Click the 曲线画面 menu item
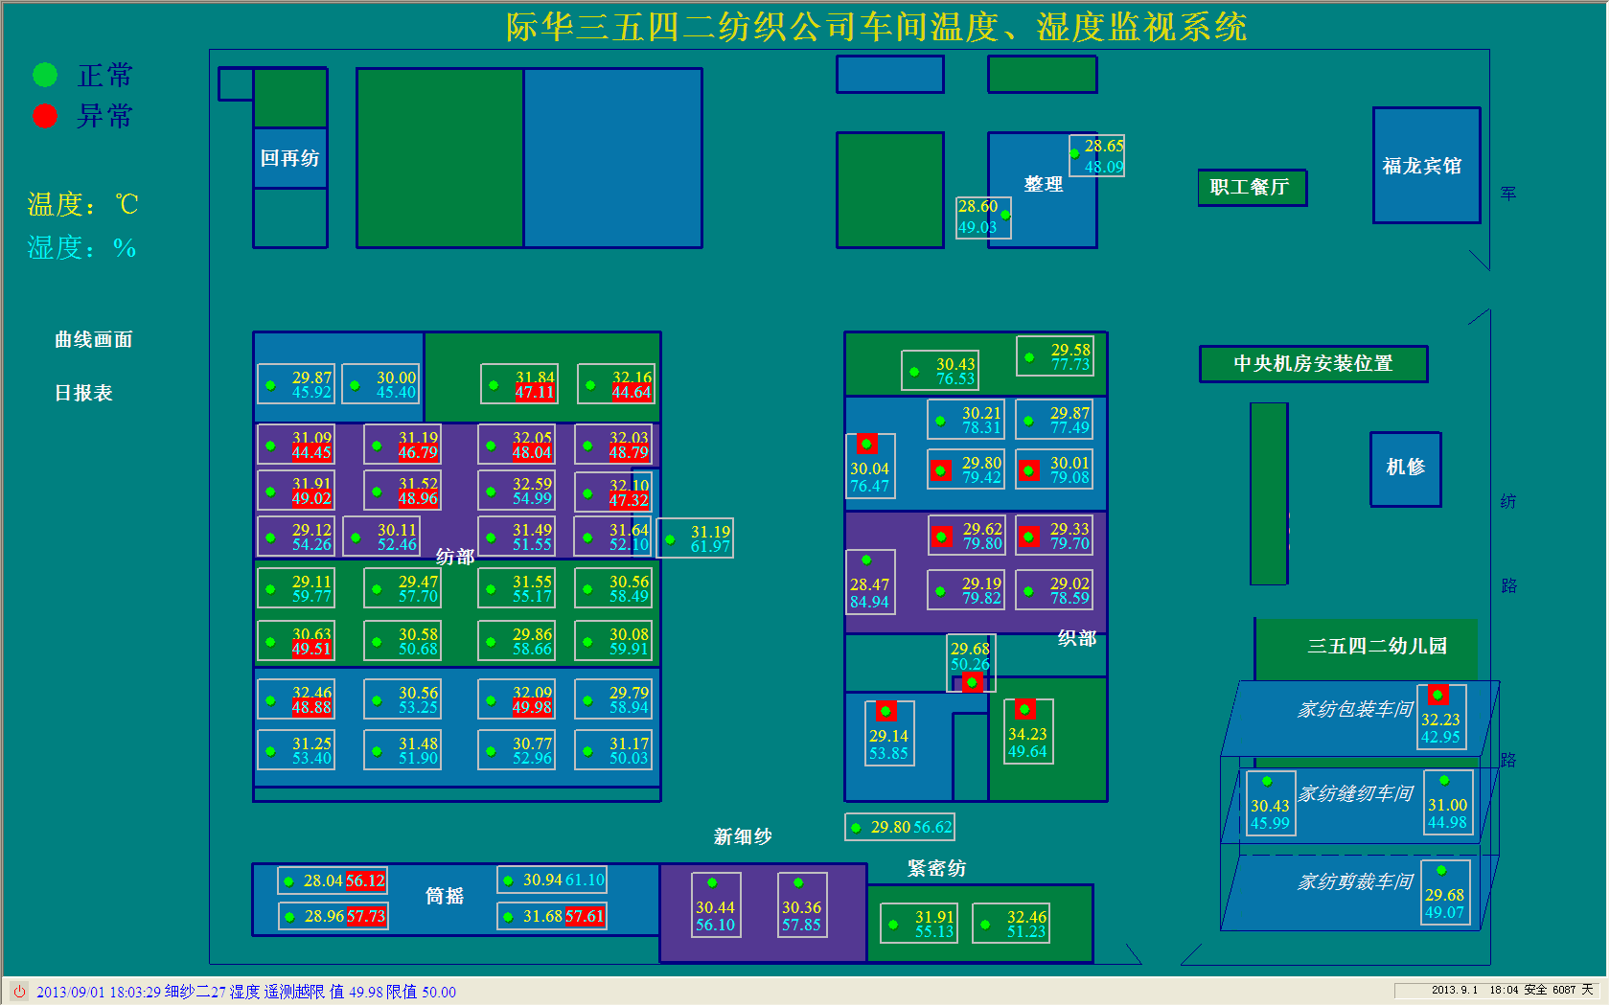coord(94,340)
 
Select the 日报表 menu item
coord(84,393)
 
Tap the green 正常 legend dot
coord(45,75)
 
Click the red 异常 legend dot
coord(45,116)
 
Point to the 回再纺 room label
coord(289,158)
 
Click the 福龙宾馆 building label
coord(1422,166)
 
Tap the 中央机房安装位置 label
coord(1313,364)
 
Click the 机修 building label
coord(1406,467)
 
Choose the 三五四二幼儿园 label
coord(1378,646)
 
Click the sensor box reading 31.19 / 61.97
coord(696,538)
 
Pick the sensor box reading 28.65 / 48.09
coord(1097,156)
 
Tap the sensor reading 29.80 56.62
coord(900,827)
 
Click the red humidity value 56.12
coord(365,880)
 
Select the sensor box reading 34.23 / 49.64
coord(1027,733)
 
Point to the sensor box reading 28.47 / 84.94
coord(870,583)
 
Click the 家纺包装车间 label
coord(1355,710)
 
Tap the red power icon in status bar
coord(18,992)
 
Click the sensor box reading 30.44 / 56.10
coord(715,905)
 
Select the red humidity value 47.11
coord(535,392)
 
